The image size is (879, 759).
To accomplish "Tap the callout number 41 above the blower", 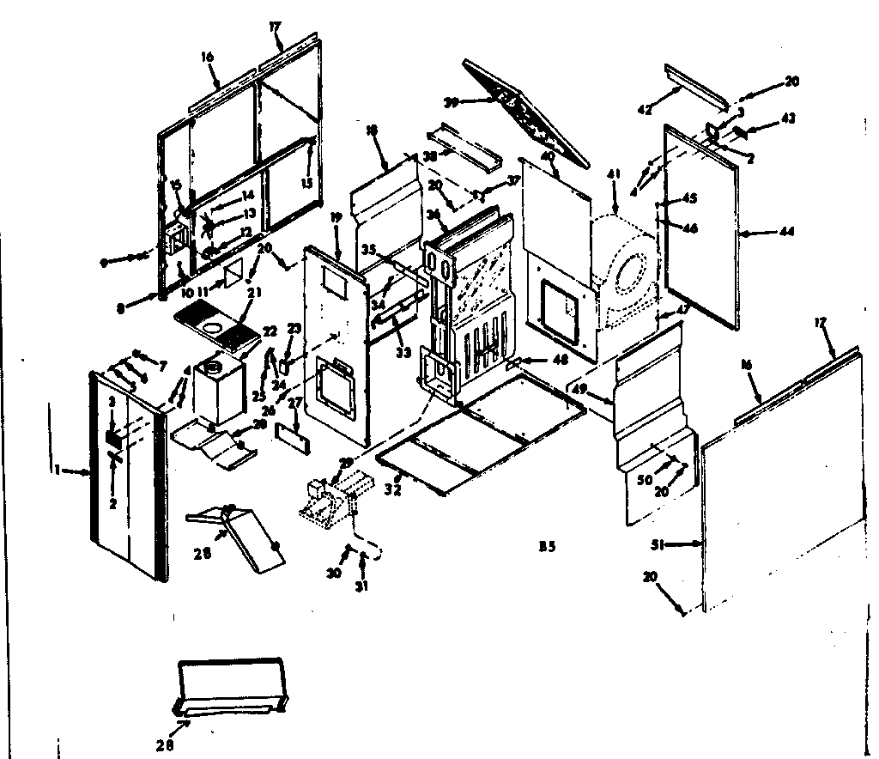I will coord(613,174).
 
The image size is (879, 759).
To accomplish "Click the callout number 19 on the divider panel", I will coord(334,218).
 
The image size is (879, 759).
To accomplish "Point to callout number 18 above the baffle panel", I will coord(372,130).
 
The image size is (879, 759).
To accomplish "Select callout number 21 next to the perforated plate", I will coord(254,292).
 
